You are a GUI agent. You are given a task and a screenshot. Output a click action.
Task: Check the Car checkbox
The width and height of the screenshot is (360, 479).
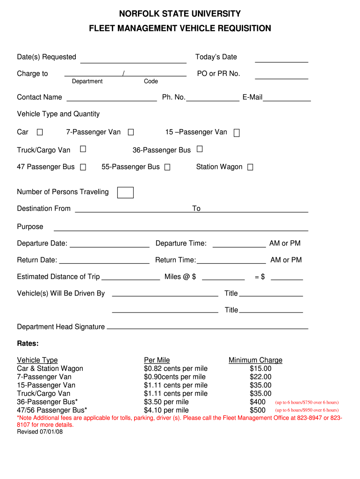pos(40,132)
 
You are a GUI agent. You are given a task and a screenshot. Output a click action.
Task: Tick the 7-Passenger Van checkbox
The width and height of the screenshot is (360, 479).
pos(131,132)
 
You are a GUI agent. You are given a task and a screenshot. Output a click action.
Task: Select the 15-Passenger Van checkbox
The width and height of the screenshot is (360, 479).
pos(237,133)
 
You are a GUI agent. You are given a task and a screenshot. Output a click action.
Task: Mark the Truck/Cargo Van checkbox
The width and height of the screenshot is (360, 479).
pos(83,149)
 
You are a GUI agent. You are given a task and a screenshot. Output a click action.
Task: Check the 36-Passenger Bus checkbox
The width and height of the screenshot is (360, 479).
pos(200,149)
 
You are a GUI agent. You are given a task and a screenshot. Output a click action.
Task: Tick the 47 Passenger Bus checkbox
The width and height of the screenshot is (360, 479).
pos(83,167)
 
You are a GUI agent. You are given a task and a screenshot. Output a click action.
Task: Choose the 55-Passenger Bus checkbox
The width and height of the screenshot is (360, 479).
pos(167,167)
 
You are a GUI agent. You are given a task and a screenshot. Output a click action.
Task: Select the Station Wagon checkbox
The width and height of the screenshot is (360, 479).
pos(250,167)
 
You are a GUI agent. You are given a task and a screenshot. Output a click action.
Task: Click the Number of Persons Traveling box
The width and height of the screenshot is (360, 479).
pos(125,192)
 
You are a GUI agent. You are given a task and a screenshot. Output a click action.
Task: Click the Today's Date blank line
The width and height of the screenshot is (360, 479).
pos(281,61)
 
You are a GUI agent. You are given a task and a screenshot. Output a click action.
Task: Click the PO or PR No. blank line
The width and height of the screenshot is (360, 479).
pos(281,78)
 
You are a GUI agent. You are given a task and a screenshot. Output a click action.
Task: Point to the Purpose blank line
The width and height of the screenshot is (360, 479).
pos(181,230)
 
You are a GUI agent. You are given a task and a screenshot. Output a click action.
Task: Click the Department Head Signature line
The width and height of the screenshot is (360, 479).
pos(208,328)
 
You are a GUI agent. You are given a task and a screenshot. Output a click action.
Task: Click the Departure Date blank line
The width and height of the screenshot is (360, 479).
pos(109,246)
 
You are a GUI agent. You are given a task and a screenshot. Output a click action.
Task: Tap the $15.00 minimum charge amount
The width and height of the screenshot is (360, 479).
pos(260,369)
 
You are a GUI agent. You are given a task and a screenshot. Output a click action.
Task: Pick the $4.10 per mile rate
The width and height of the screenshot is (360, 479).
pos(166,410)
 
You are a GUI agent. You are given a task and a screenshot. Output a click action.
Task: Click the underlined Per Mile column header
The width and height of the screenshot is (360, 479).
pos(157,360)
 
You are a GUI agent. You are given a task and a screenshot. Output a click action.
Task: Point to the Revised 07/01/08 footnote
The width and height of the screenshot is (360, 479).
pos(40,432)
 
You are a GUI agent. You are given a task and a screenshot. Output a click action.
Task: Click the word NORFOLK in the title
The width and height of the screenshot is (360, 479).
pos(139,14)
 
